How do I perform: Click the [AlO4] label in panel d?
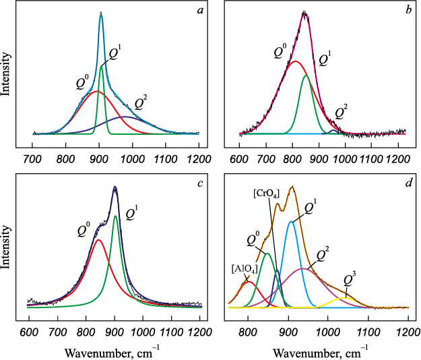(243, 268)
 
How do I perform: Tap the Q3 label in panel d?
(350, 278)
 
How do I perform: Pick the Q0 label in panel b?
(282, 52)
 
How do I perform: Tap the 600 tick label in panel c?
(28, 332)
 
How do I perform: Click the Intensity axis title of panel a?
(6, 73)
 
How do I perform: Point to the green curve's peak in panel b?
(306, 76)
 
